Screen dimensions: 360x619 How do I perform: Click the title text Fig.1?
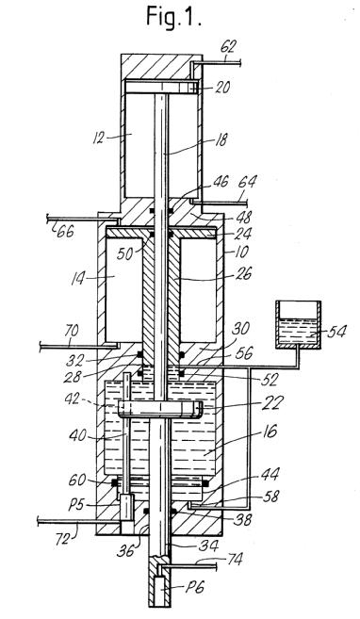point(173,17)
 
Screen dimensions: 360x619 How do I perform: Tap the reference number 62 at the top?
point(228,47)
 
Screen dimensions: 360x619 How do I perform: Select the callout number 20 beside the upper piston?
point(222,88)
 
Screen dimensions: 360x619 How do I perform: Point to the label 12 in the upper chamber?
point(99,138)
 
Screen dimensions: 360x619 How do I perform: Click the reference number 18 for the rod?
point(221,139)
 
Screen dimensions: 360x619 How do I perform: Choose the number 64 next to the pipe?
point(247,183)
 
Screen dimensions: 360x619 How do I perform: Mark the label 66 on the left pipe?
point(66,232)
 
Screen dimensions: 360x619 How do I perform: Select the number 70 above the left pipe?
point(70,331)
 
